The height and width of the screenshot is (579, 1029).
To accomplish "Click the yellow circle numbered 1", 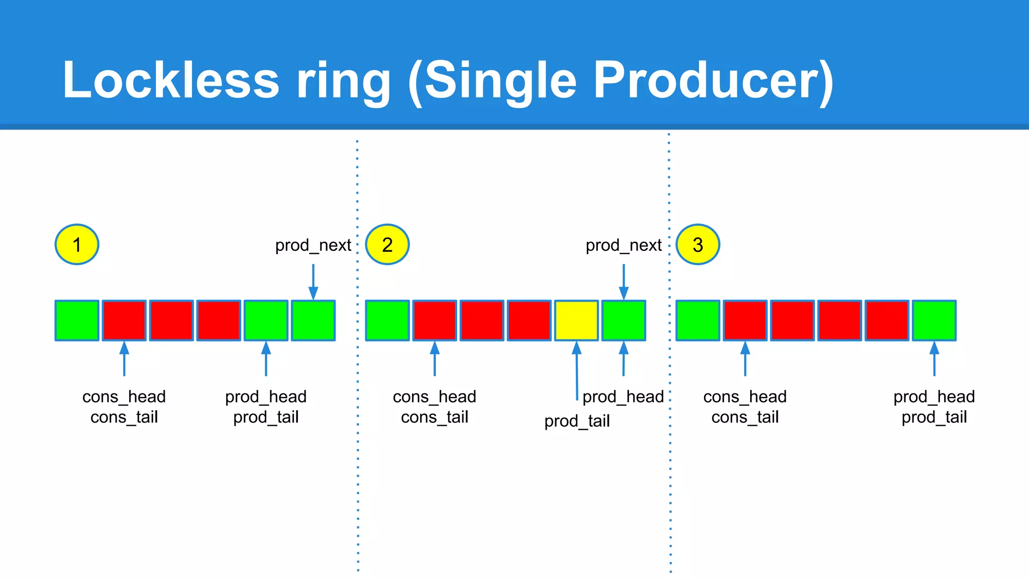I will [x=77, y=245].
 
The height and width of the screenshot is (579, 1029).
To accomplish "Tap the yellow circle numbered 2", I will [x=387, y=245].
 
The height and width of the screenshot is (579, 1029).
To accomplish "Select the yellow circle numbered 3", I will [x=698, y=245].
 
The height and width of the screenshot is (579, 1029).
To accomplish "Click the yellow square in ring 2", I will [x=576, y=321].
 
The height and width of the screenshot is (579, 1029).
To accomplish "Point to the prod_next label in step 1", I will [x=313, y=245].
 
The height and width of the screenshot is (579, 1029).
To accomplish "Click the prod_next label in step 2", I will [x=624, y=245].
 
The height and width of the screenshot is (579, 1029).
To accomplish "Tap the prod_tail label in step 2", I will [x=577, y=421].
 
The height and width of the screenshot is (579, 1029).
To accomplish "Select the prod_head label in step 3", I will [x=934, y=397].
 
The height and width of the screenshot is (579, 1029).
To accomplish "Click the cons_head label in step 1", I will [x=124, y=397].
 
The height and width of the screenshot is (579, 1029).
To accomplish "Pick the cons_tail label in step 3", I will [x=745, y=417].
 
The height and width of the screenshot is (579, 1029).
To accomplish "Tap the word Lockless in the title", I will [x=171, y=80].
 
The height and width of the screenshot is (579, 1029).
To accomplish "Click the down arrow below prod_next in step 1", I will [x=313, y=281].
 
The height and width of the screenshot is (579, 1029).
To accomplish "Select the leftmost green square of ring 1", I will [x=77, y=321].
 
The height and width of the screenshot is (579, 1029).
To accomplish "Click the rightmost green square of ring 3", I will [x=934, y=321].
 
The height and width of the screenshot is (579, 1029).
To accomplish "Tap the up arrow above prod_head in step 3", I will [x=934, y=359].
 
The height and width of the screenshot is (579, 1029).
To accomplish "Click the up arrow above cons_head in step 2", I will [x=435, y=359].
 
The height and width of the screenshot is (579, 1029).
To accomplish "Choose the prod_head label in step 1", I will [x=266, y=397].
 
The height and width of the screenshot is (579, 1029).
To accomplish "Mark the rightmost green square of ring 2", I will [x=624, y=321].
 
